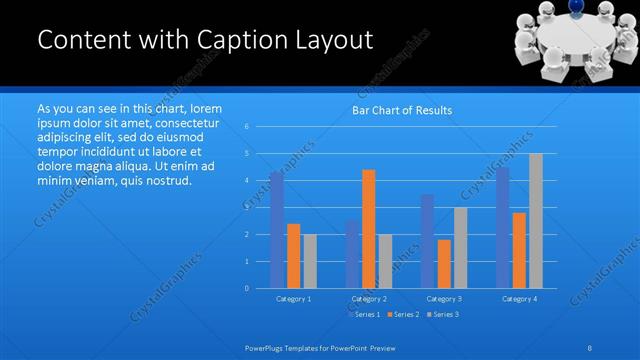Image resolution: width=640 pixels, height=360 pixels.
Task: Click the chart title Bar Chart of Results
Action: point(401,110)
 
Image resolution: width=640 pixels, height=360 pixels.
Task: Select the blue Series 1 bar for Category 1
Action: point(276,230)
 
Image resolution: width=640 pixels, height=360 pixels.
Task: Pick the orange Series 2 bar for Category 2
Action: point(369,229)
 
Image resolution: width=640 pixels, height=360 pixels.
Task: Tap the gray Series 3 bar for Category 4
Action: point(536,221)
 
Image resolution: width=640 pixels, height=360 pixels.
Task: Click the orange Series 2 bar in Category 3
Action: point(444,264)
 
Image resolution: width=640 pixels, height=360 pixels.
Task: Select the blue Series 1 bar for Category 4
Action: point(502,227)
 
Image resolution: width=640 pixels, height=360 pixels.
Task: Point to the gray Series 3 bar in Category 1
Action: point(310,261)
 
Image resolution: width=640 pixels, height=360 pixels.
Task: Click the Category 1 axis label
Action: point(293,298)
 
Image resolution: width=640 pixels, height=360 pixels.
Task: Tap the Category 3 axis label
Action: point(444,298)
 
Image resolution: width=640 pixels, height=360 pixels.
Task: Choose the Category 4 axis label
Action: point(519,298)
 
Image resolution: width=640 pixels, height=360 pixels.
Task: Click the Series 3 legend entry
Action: point(442,314)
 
